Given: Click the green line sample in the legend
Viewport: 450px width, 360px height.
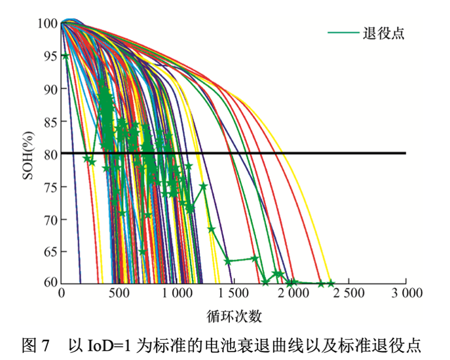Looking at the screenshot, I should coord(343,33).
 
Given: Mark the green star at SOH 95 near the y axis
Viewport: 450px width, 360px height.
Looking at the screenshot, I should coord(65,56).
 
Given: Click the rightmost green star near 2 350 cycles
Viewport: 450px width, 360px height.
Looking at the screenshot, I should coord(331,283).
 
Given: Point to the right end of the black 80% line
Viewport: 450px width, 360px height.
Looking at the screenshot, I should coord(405,153).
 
